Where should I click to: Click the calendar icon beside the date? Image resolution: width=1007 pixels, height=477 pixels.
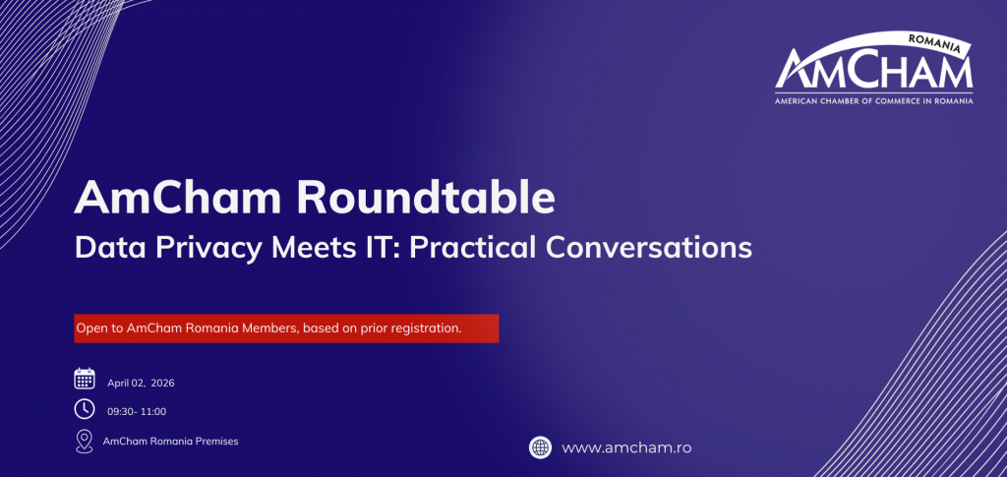click(x=85, y=379)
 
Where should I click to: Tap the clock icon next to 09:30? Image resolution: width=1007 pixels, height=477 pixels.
click(x=85, y=409)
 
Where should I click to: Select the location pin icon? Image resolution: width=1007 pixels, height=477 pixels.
click(x=85, y=442)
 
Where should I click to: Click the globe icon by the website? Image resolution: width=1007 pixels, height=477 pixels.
click(x=540, y=447)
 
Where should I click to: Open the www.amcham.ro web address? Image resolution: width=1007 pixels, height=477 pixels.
click(x=626, y=448)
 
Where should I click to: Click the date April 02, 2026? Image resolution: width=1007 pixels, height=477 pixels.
click(x=141, y=384)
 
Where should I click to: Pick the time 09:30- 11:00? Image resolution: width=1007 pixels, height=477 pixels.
click(x=137, y=411)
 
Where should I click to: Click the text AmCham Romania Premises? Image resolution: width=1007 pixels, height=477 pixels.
click(x=171, y=442)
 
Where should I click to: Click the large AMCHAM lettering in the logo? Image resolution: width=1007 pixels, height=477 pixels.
click(x=874, y=72)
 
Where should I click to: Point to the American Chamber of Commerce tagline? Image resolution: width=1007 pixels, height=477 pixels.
click(x=873, y=100)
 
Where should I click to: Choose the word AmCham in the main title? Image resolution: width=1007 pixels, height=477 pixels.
click(x=178, y=199)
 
